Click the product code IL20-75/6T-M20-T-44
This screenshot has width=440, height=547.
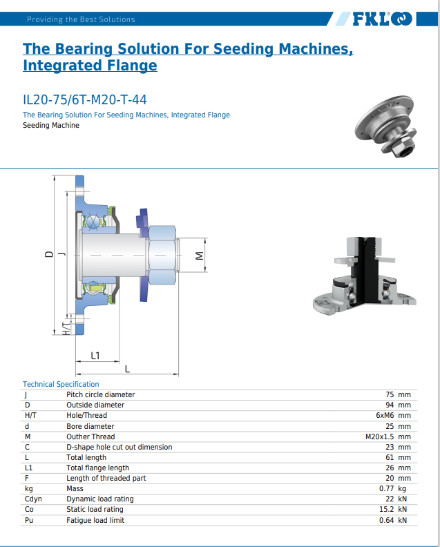(84, 99)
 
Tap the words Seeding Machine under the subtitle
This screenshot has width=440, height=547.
(51, 126)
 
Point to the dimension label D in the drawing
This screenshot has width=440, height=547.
(48, 254)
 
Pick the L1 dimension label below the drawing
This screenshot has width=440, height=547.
(96, 356)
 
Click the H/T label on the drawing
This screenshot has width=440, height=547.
(66, 328)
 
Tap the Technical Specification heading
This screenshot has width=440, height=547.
(61, 384)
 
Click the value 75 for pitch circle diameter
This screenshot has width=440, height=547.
(390, 395)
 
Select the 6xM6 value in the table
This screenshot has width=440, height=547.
(385, 416)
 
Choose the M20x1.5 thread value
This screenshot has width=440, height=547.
(379, 436)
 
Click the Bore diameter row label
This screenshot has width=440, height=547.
(90, 426)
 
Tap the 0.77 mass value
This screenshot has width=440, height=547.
(387, 488)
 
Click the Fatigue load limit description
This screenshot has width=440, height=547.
(95, 519)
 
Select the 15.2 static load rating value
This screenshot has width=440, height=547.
(387, 509)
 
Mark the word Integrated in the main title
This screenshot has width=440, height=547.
(55, 66)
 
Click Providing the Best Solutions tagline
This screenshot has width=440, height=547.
(81, 19)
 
